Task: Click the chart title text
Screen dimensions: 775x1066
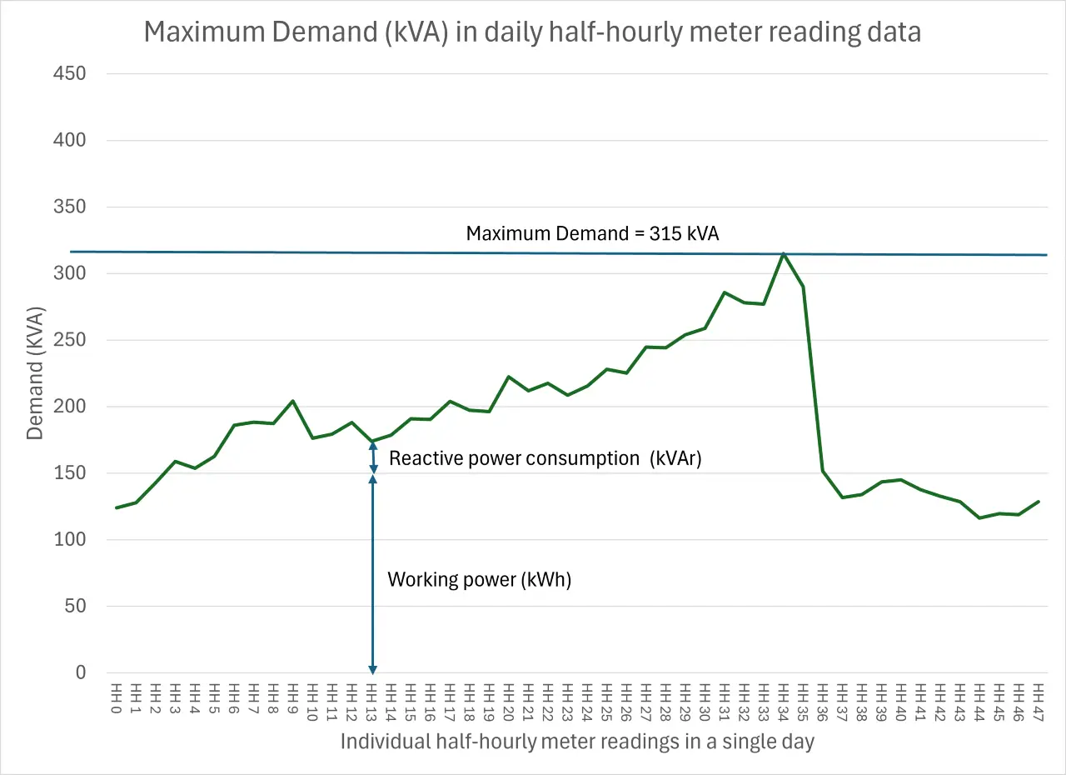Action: pyautogui.click(x=532, y=32)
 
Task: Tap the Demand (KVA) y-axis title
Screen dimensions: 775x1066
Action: pyautogui.click(x=35, y=373)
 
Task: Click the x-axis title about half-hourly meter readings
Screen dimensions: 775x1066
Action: pyautogui.click(x=576, y=742)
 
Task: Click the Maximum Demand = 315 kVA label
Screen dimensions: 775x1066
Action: pyautogui.click(x=592, y=233)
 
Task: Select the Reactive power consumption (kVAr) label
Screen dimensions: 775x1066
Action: pyautogui.click(x=545, y=458)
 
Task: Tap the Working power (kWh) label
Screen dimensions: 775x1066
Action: pyautogui.click(x=480, y=580)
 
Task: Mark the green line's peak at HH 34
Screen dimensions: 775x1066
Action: pyautogui.click(x=784, y=253)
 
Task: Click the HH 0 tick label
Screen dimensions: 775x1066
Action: pyautogui.click(x=117, y=699)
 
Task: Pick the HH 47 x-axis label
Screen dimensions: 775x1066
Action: pyautogui.click(x=1038, y=699)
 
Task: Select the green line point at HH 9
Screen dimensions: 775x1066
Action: pyautogui.click(x=293, y=401)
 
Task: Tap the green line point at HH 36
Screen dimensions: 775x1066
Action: pyautogui.click(x=823, y=471)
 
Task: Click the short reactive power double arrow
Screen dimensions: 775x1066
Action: pyautogui.click(x=372, y=458)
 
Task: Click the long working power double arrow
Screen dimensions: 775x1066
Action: pyautogui.click(x=372, y=575)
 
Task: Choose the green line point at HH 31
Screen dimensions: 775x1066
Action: pyautogui.click(x=725, y=292)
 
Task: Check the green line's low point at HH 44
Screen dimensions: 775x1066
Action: pyautogui.click(x=979, y=518)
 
